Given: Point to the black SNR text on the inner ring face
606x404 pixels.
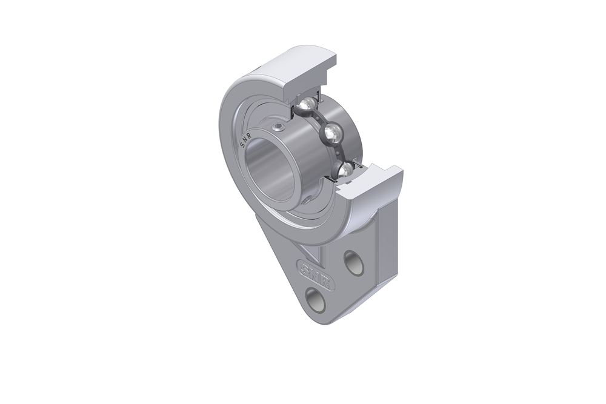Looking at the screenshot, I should (x=247, y=140).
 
